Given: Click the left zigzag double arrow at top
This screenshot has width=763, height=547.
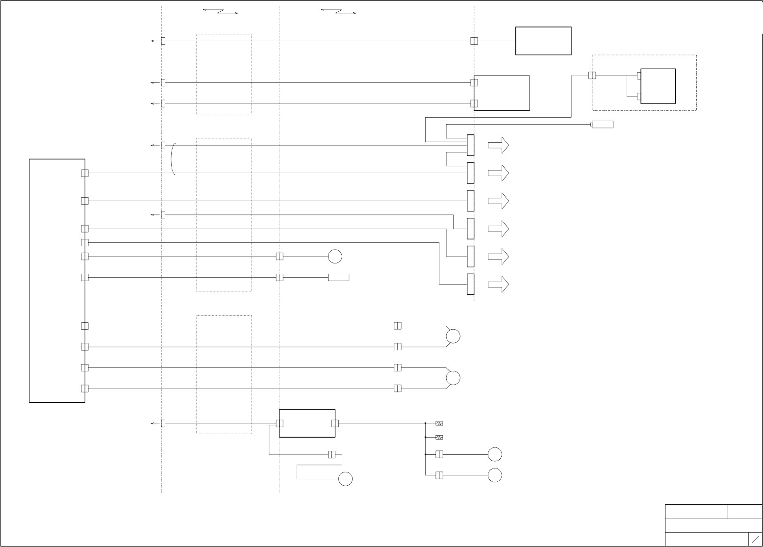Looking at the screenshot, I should point(220,11).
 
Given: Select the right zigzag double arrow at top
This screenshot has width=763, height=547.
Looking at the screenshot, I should point(338,11).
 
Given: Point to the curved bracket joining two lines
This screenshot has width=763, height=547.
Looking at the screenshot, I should point(173,159).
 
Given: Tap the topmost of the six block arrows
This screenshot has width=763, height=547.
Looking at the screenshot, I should point(498,146).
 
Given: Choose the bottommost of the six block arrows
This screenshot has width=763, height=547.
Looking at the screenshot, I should point(498,285).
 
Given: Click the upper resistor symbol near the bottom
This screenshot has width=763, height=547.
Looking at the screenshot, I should point(439,423).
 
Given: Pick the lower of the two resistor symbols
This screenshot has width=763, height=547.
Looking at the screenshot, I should point(439,437).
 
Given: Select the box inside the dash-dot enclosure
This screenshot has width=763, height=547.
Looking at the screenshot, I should point(658,86).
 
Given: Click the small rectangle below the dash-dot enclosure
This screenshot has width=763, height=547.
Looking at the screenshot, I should point(603,125).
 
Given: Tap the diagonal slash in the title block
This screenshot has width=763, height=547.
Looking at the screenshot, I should point(755,539).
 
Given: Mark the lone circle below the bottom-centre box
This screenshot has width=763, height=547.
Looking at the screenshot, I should point(345,479).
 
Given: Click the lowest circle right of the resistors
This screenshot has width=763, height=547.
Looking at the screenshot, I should point(495,475).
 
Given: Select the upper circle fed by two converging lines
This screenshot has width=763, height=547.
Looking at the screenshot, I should point(453,337).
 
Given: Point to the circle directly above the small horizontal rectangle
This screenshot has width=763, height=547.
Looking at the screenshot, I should point(335,257).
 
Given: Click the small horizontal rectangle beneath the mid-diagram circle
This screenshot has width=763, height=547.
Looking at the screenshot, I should point(338,278).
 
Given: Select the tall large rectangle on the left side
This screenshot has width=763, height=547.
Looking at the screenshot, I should point(57,281).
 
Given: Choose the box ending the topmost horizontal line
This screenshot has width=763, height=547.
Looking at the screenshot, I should point(543,41).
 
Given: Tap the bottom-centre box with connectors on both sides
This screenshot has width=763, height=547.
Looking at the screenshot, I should point(307,423).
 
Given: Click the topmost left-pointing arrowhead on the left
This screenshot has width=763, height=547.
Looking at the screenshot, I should point(153,41).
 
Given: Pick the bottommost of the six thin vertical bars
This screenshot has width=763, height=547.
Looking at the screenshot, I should point(471,285).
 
